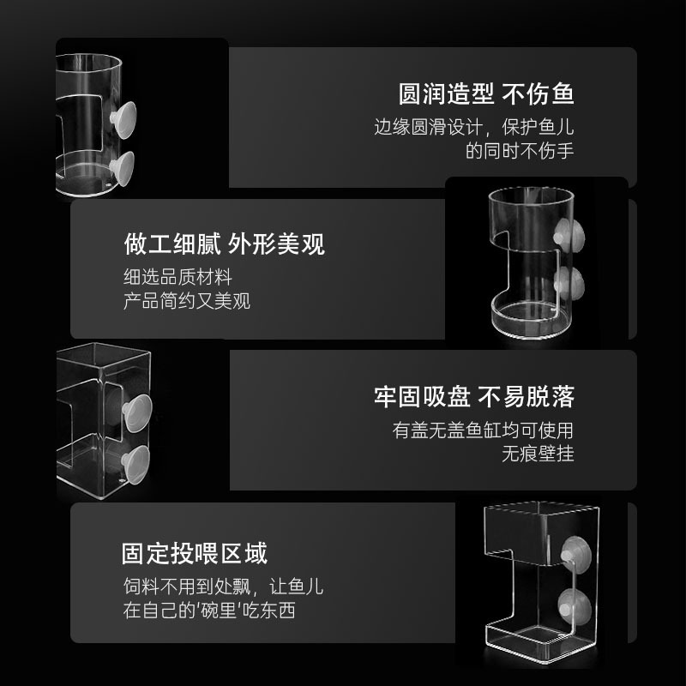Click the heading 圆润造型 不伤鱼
pos(486,93)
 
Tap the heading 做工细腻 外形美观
pos(225,244)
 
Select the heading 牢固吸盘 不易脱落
pos(474,396)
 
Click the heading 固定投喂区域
pos(195,552)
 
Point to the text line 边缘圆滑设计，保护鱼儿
pos(474,128)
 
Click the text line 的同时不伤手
pos(520,151)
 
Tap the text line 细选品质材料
pos(178,278)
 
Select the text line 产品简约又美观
pos(187,302)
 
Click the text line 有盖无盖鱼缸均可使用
pos(484,430)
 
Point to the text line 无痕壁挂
pos(538,454)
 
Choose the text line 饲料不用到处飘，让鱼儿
pos(223,587)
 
